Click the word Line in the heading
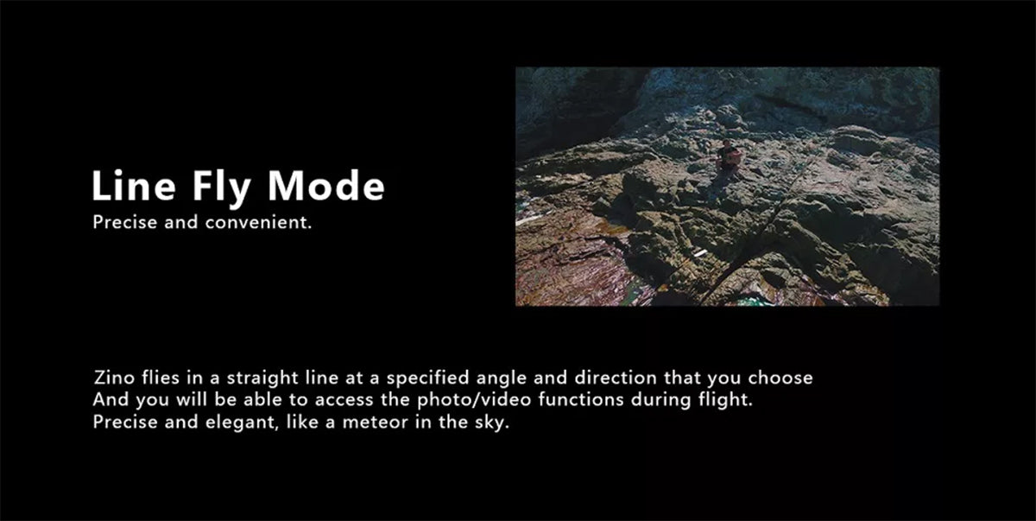[134, 185]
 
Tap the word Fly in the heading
[222, 188]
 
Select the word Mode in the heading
[326, 185]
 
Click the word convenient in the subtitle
[258, 223]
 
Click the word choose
[780, 378]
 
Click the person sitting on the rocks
[727, 157]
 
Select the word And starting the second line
[111, 400]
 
